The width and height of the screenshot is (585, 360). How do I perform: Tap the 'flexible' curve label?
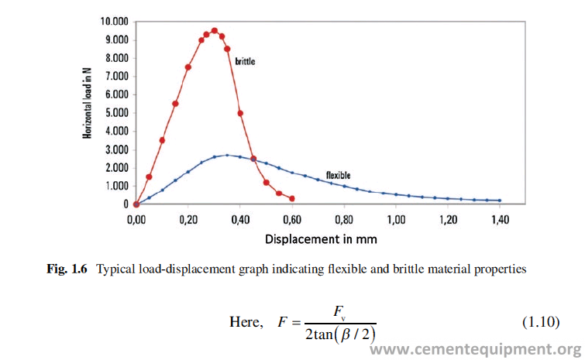(x=339, y=175)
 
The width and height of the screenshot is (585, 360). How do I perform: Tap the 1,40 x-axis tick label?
(x=500, y=220)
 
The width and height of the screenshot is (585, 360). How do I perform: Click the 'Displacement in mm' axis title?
(x=321, y=238)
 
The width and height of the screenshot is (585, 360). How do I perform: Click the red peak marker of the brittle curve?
(x=214, y=31)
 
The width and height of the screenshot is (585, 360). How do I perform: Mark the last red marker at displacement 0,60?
(x=292, y=198)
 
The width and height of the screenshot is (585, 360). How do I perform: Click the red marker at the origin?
(x=136, y=204)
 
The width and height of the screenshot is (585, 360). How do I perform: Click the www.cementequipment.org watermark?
(x=475, y=349)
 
